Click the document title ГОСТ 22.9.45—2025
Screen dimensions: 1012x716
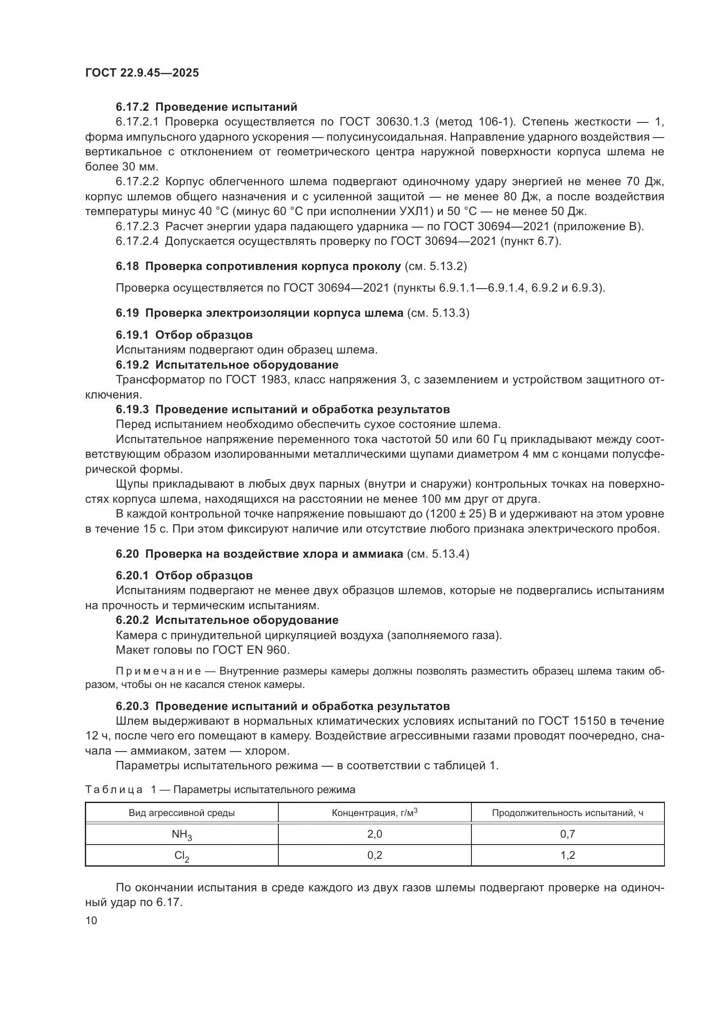coord(142,73)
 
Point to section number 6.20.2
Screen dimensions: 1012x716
coord(133,620)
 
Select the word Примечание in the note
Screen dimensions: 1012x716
coord(158,671)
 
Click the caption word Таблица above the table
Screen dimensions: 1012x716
coord(114,790)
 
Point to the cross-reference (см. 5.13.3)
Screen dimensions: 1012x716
coord(438,313)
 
